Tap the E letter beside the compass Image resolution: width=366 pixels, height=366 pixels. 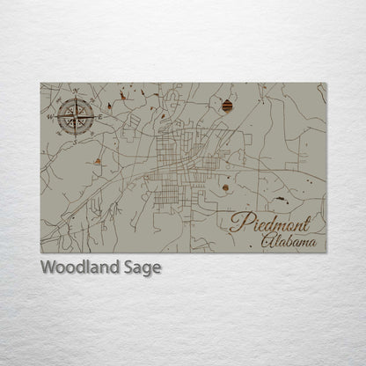tap(101, 115)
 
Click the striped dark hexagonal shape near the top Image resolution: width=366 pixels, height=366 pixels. tap(229, 106)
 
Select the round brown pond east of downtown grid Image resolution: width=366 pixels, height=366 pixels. tap(226, 187)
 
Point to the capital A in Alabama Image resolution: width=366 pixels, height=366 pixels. tap(268, 238)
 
